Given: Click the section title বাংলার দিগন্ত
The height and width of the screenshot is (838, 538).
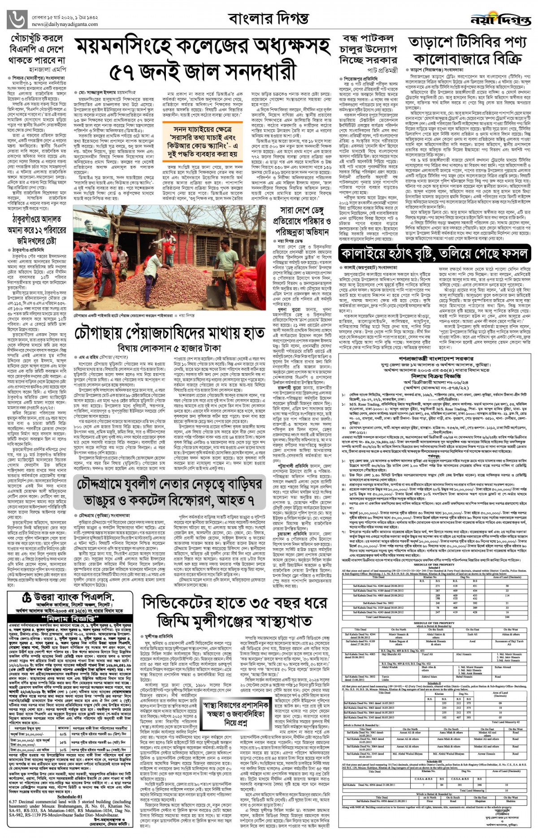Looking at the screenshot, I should [x=268, y=18].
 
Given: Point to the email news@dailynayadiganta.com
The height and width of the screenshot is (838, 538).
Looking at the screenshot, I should [x=59, y=24].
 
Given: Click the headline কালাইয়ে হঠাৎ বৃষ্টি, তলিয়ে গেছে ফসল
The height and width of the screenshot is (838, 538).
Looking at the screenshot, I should [x=434, y=253].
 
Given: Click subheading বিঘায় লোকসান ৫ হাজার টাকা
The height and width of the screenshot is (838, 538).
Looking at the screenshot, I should [x=169, y=348].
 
